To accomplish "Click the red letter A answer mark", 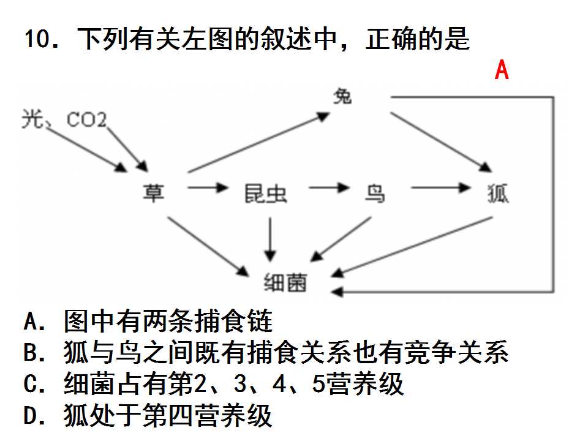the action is [502, 70].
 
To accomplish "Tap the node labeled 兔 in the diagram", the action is [342, 96].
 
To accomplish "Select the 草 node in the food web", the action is [153, 193].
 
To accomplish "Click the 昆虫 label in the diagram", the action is [265, 194].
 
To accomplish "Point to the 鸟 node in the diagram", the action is [375, 194].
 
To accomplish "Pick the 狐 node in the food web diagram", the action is [497, 194].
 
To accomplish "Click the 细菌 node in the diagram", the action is [285, 282].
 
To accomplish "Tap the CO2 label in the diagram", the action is [86, 120].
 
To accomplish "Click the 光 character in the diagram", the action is [32, 119].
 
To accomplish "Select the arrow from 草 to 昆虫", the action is [208, 187].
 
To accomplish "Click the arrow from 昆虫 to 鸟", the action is [330, 187].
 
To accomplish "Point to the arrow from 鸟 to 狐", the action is [441, 187].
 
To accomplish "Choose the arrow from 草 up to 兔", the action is [258, 143].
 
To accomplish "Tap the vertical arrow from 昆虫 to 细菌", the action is [270, 239].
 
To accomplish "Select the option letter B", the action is [31, 352].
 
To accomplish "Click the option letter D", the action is [31, 415].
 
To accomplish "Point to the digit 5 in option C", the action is [318, 383].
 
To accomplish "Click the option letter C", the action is [31, 383].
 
